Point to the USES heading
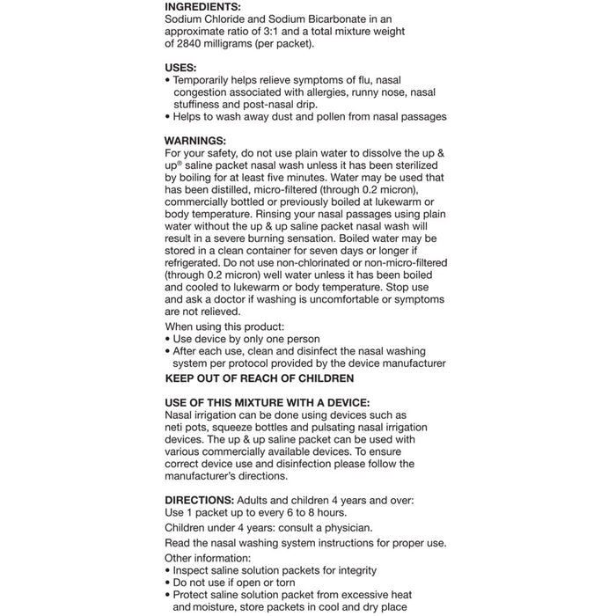[x=181, y=67]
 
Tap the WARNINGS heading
[x=195, y=141]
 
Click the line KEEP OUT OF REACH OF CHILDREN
[x=260, y=378]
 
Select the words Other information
[x=208, y=559]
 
